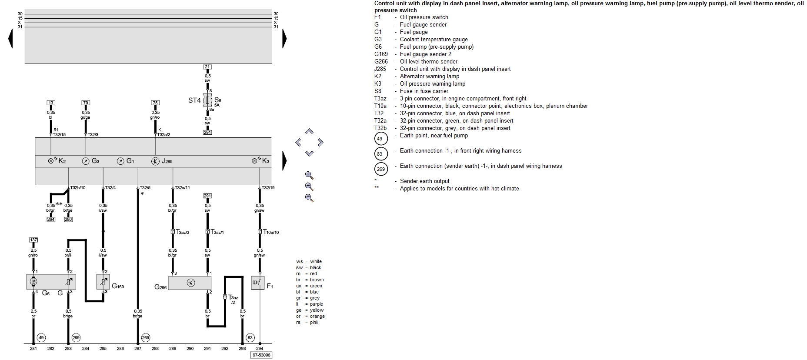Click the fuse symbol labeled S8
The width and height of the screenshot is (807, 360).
click(x=208, y=100)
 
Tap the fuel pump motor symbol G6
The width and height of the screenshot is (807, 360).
click(x=33, y=282)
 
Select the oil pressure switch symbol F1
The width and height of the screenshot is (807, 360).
click(x=257, y=283)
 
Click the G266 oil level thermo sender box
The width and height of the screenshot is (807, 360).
click(x=190, y=283)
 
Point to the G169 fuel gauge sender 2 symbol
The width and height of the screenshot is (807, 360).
click(x=103, y=282)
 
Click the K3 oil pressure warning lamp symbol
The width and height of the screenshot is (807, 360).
click(x=256, y=161)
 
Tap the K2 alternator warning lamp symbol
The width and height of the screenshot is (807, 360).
click(x=52, y=161)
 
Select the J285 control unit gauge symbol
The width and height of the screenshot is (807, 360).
click(x=155, y=161)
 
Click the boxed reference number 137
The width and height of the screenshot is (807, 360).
click(x=33, y=240)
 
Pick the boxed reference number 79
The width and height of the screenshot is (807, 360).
click(x=86, y=103)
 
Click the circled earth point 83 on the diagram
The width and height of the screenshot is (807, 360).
click(x=250, y=337)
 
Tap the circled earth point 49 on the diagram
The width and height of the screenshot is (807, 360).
click(x=41, y=337)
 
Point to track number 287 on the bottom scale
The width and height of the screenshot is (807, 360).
click(x=138, y=348)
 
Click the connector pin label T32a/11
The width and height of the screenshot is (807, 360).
click(x=182, y=188)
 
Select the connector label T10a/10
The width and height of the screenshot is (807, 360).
click(x=271, y=232)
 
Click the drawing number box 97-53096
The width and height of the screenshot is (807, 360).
click(x=261, y=355)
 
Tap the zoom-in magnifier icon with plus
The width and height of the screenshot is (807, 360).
click(x=309, y=187)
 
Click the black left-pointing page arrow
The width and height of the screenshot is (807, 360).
click(x=10, y=39)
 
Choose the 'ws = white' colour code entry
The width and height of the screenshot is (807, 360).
click(x=309, y=261)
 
